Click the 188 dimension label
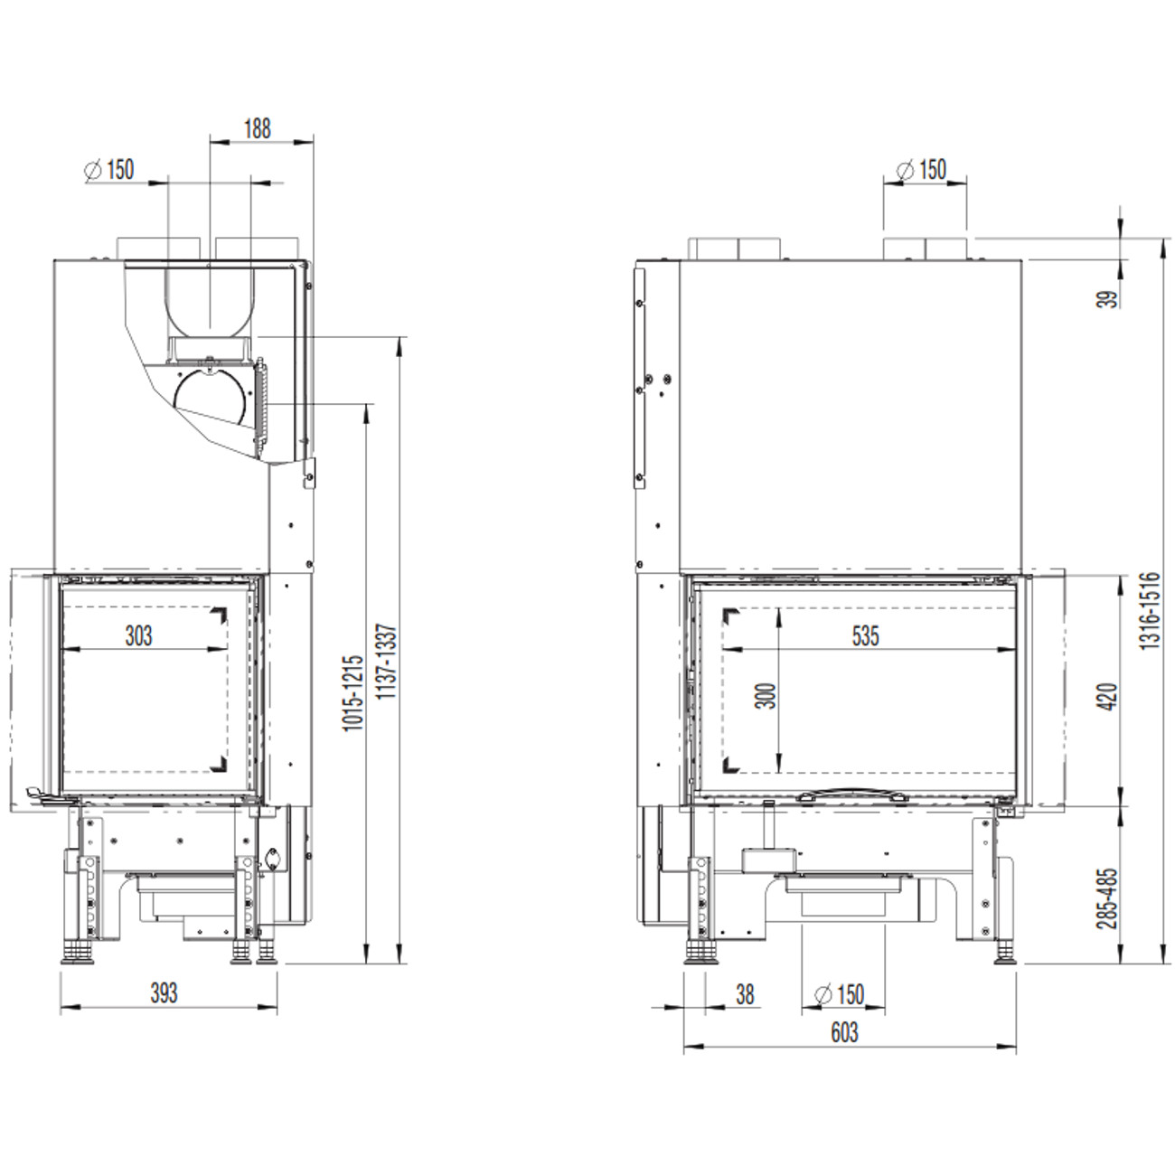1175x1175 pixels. pos(257,128)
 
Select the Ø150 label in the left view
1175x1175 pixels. pos(109,169)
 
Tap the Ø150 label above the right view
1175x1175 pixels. pos(923,169)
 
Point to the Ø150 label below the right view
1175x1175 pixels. pos(840,994)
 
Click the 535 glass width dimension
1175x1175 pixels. pos(865,636)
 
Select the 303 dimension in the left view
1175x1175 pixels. pos(138,636)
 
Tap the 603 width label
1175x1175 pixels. pos(843,1032)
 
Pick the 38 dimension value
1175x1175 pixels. pos(745,994)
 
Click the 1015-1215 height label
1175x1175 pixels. pos(354,693)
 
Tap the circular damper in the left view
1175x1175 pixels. pos(209,398)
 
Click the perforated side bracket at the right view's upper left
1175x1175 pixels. pos(642,375)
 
